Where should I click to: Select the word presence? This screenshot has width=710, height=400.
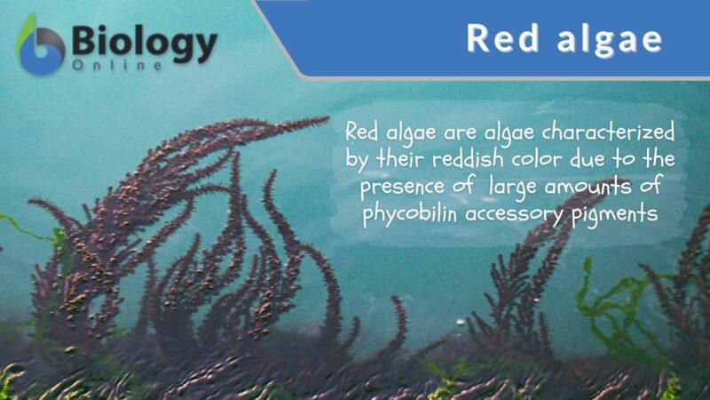396,188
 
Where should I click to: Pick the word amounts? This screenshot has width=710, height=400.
577,188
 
